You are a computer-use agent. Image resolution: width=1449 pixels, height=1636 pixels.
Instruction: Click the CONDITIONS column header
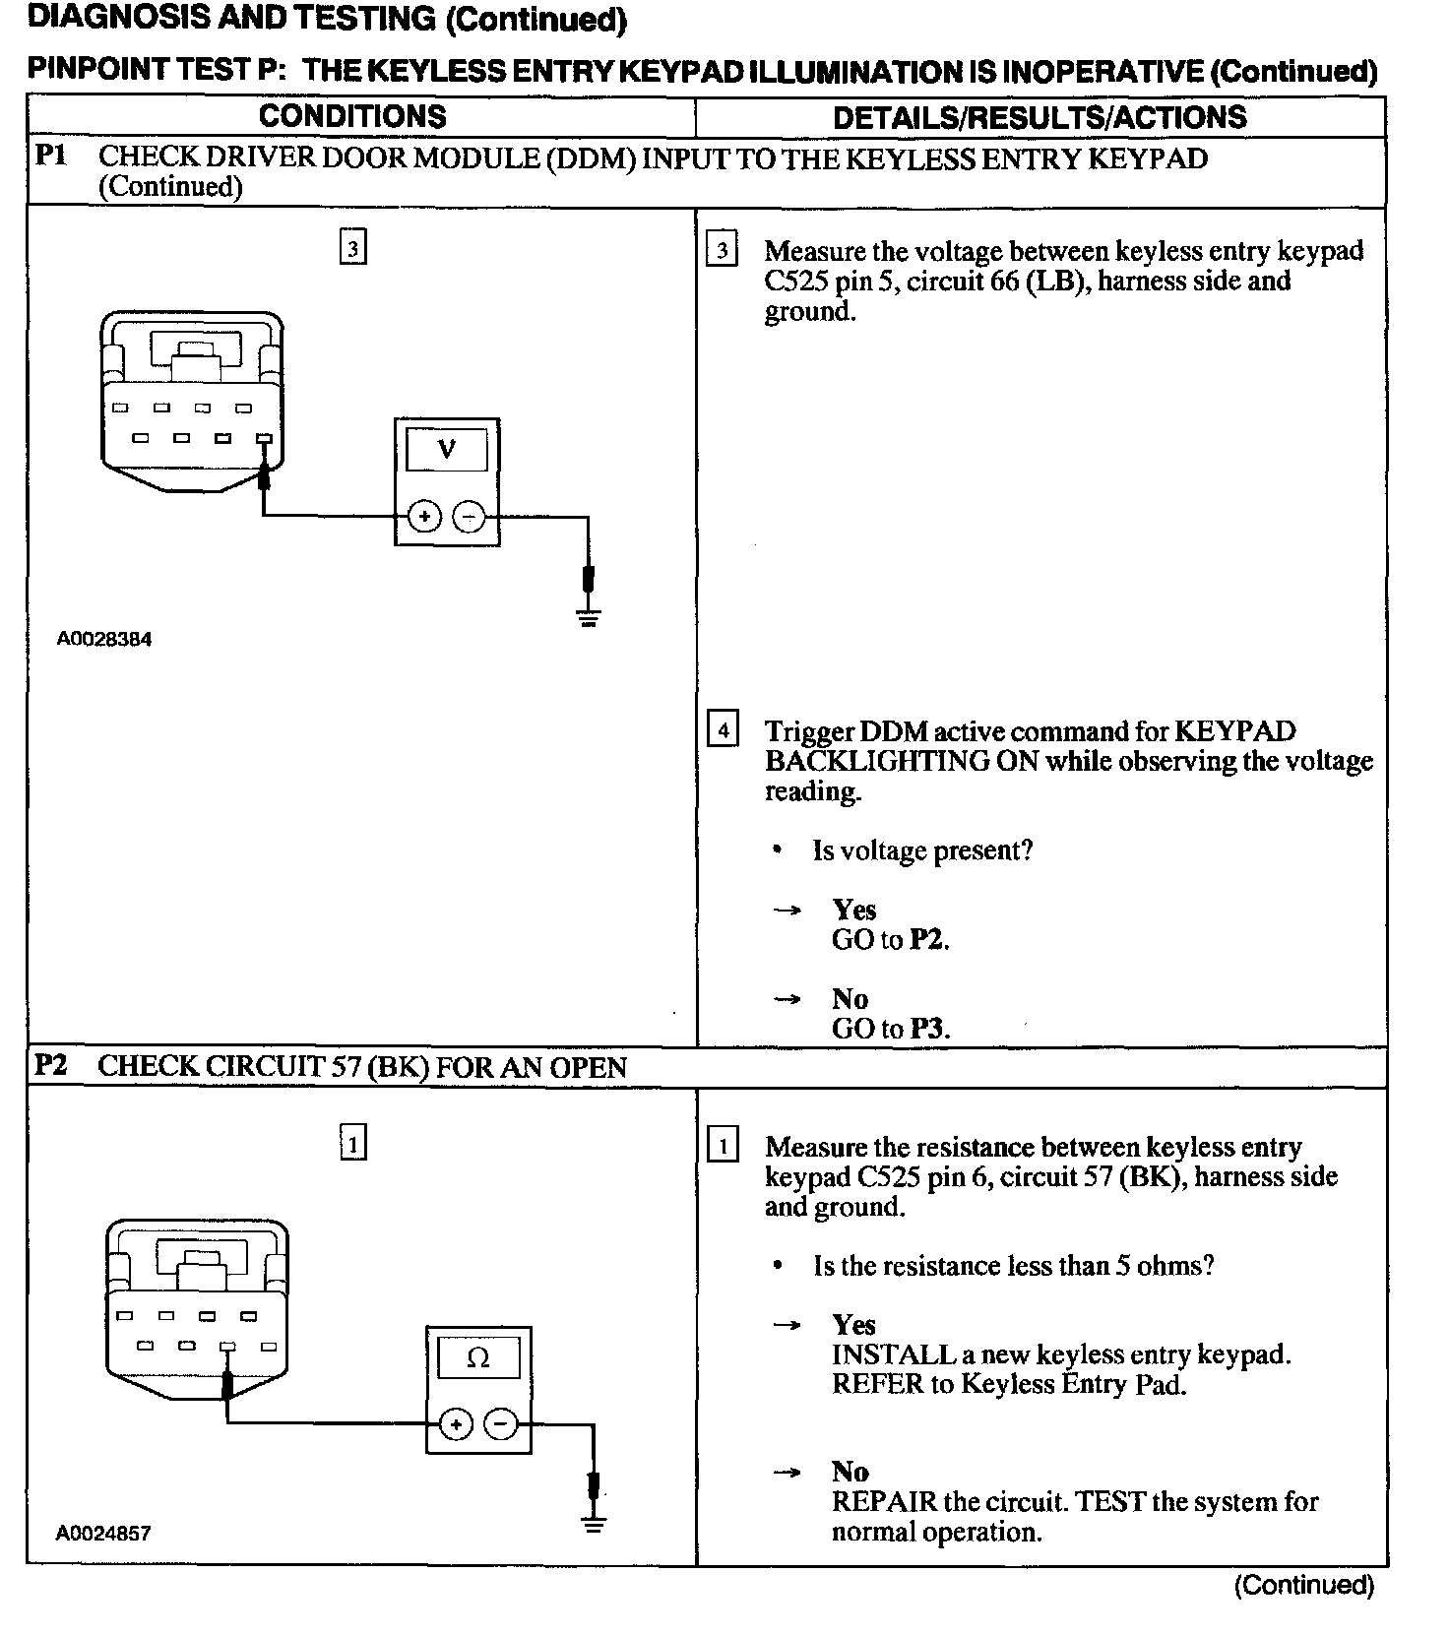click(352, 116)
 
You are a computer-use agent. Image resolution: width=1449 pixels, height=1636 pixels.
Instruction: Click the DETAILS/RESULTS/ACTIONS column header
click(1039, 117)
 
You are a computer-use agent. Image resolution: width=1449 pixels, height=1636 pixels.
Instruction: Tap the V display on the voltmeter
click(447, 450)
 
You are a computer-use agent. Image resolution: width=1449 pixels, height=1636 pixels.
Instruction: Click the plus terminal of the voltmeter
click(424, 516)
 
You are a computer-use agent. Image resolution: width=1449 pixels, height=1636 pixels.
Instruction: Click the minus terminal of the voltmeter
click(470, 516)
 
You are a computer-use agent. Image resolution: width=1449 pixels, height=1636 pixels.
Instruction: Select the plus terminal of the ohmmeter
click(456, 1424)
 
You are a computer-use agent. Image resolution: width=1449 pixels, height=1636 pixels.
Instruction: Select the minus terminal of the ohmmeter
click(501, 1424)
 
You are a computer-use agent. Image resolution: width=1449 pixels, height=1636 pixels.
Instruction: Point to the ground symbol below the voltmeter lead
click(589, 618)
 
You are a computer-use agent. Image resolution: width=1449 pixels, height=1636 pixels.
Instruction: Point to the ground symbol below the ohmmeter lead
click(594, 1525)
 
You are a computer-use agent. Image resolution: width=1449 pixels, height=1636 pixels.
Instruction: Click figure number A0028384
click(104, 639)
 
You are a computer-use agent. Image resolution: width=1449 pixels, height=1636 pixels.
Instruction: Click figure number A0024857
click(103, 1533)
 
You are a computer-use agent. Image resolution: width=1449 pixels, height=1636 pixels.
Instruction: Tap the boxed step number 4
click(723, 731)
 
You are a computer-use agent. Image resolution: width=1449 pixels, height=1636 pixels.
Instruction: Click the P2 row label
click(51, 1065)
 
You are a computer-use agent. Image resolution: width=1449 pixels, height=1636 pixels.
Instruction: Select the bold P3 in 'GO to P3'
click(928, 1029)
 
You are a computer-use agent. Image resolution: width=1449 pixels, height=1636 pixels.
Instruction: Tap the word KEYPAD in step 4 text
click(1235, 731)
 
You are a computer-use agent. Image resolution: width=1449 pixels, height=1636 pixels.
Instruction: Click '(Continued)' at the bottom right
click(1303, 1585)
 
